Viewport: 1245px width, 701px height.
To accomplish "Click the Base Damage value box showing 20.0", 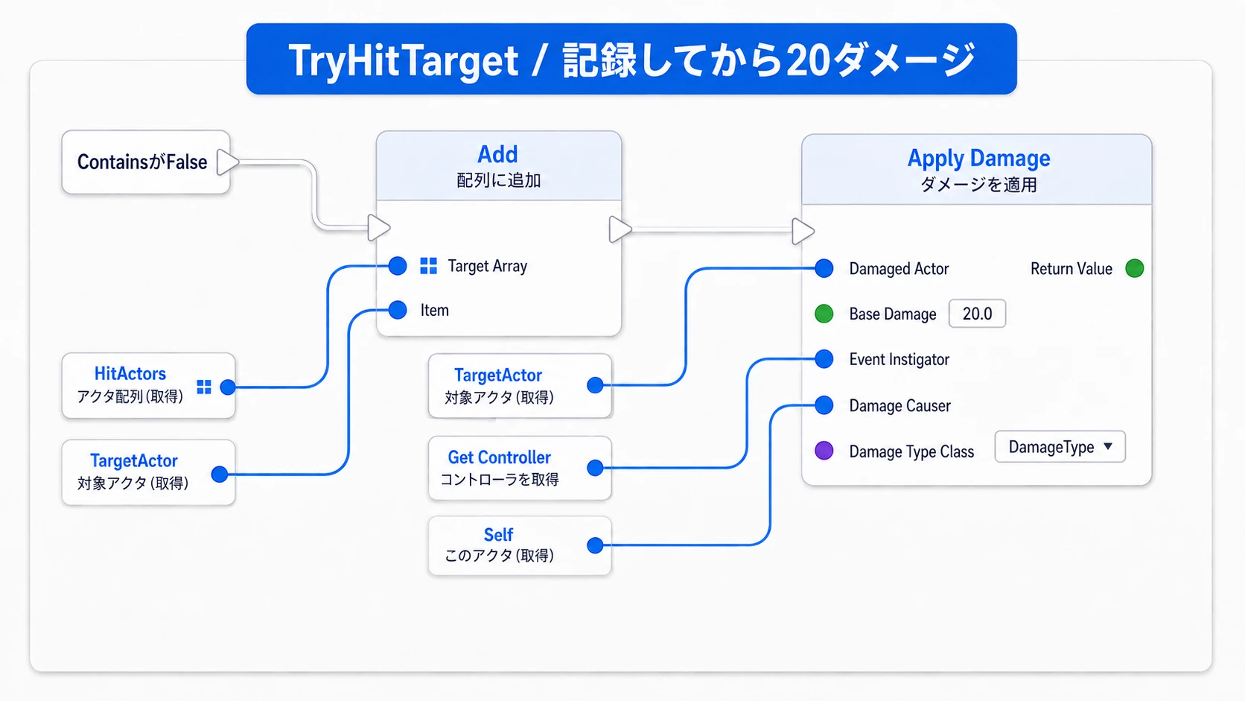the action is (x=977, y=314).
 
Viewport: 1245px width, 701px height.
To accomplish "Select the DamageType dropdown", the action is (x=1060, y=447).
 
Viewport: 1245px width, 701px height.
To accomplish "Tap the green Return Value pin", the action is (x=1134, y=268).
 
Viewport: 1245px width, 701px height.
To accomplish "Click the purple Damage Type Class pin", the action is (x=824, y=450).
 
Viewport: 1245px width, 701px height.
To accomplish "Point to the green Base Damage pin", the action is (x=824, y=314).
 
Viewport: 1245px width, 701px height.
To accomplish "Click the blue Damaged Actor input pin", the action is (x=824, y=268).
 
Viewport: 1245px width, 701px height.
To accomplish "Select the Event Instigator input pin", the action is (x=824, y=359).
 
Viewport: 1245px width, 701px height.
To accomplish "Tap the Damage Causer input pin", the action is (x=824, y=405).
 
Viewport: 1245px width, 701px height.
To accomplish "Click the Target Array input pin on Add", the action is (x=398, y=266).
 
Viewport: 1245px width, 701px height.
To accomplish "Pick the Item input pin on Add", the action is (x=398, y=310).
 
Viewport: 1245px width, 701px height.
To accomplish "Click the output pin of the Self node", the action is (x=595, y=545).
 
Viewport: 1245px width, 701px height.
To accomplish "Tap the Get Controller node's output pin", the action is (x=595, y=468).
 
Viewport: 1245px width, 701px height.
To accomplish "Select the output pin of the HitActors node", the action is (x=227, y=387).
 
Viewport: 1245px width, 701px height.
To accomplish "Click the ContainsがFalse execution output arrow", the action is (x=227, y=162).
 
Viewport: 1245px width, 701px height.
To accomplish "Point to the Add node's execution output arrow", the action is (x=620, y=229).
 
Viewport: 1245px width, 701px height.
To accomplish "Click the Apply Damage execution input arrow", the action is (x=802, y=231).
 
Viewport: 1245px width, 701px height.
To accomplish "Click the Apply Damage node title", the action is (x=978, y=159).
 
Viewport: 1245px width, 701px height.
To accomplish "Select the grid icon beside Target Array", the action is (x=428, y=266).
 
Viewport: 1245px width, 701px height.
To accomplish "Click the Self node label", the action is (x=498, y=535).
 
